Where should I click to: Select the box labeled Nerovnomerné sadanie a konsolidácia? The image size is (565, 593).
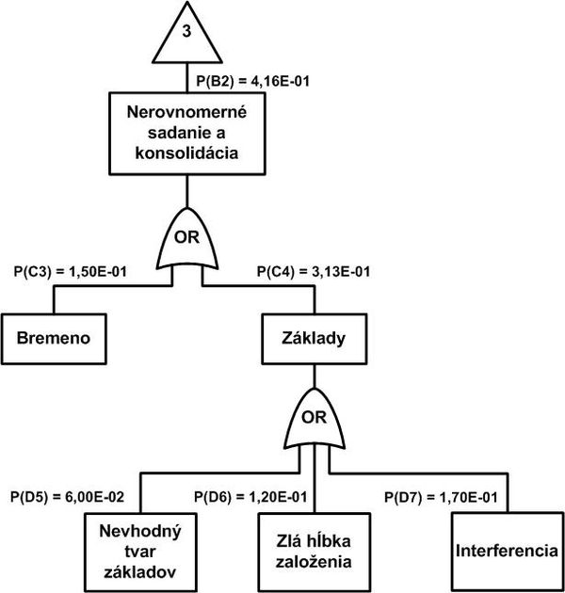pos(187,134)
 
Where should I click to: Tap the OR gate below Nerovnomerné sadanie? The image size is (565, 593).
pos(187,238)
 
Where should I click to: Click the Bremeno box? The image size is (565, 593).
pos(54,339)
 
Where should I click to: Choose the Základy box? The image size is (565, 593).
pos(315,339)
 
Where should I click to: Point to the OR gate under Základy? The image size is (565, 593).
pos(315,418)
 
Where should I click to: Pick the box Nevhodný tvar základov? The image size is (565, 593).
pos(140,553)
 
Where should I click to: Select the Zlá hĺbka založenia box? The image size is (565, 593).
pos(315,553)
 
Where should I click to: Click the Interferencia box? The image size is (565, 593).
pos(508,552)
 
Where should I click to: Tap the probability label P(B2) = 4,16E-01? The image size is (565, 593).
pos(252,81)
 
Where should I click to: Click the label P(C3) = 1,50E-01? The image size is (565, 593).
pos(71,271)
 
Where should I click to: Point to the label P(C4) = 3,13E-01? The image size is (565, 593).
pos(314,271)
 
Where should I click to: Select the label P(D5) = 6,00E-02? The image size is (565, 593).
pos(68,497)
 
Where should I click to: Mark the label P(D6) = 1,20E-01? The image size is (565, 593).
pos(250,497)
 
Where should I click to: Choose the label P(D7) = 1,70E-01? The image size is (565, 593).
pos(441,497)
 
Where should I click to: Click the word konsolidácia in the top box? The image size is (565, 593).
pos(187,153)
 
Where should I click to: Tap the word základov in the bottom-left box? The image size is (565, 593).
pos(140,572)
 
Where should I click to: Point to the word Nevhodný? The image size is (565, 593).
pos(140,532)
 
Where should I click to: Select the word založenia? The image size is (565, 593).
pos(314,562)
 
